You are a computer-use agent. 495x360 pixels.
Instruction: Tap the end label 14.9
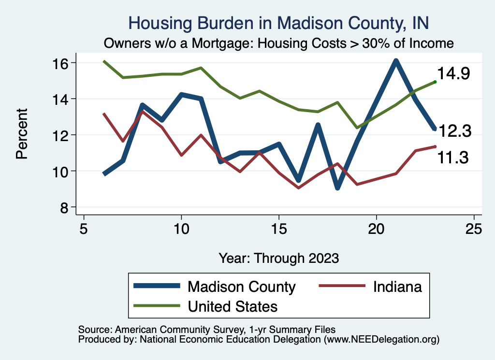point(454,74)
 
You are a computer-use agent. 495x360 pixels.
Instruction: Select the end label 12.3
point(454,130)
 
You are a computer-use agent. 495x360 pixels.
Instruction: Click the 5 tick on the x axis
point(84,229)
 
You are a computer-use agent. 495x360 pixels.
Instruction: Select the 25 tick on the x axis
point(474,229)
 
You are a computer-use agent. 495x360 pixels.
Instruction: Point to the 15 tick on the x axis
point(278,229)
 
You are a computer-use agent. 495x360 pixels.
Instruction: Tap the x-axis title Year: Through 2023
point(278,258)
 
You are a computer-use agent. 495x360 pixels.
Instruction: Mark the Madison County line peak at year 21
point(395,61)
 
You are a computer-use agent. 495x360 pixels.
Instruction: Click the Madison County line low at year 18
point(337,187)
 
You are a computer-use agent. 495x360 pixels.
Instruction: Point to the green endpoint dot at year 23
point(435,82)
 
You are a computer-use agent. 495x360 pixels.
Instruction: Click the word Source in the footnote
point(92,329)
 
